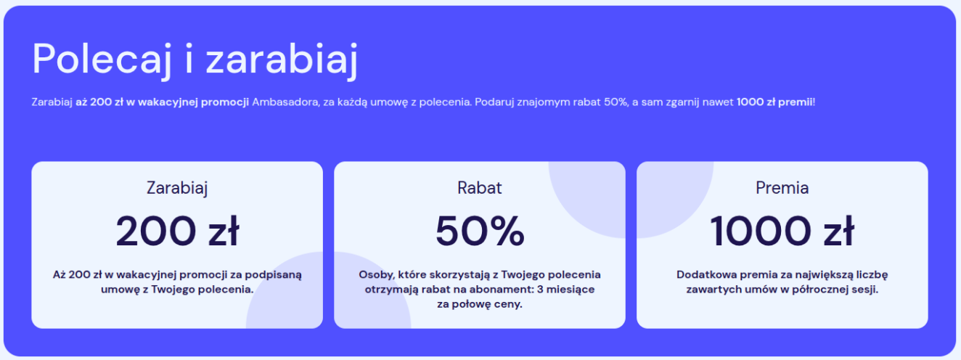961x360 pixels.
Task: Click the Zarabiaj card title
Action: click(177, 188)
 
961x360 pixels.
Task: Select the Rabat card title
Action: click(480, 187)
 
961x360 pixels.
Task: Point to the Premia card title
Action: click(782, 187)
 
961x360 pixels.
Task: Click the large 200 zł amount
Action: click(177, 231)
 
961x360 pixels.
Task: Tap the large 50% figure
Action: click(480, 231)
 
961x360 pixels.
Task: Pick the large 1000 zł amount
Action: click(782, 231)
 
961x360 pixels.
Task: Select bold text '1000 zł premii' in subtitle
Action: click(774, 102)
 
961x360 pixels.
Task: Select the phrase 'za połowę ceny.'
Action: click(480, 304)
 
